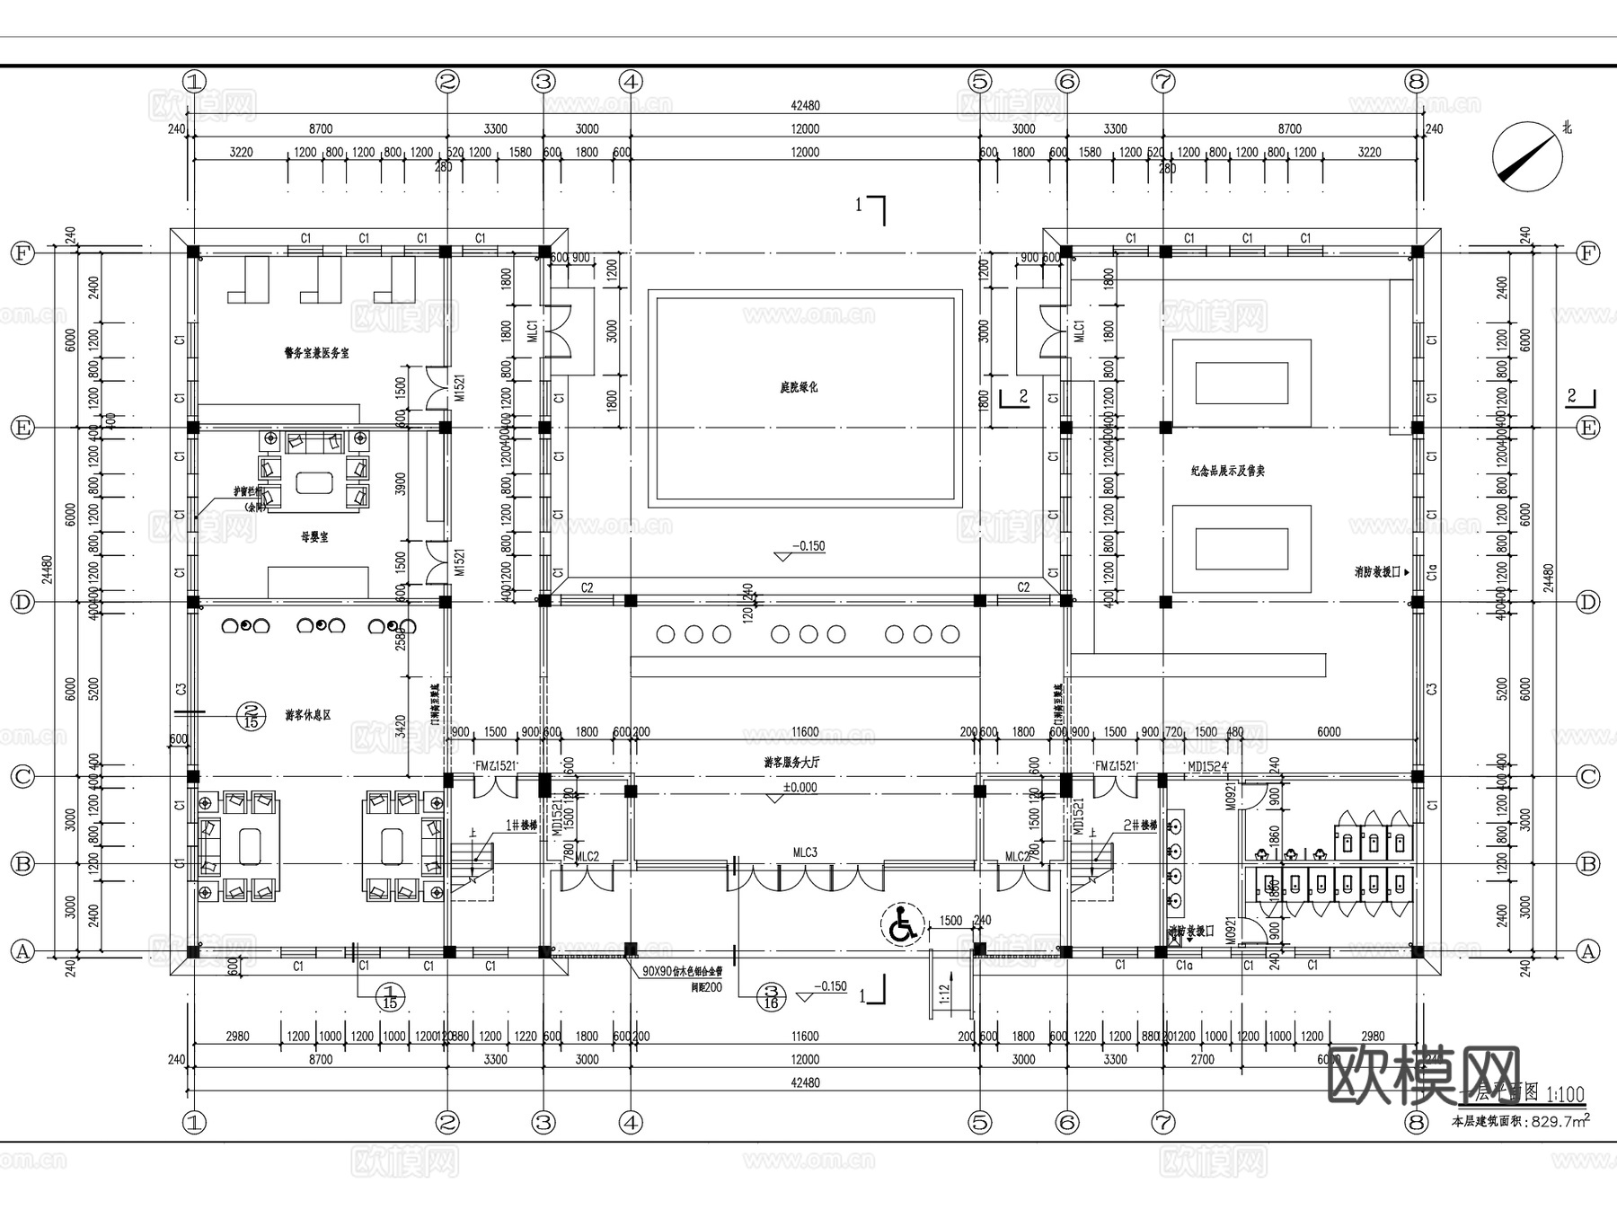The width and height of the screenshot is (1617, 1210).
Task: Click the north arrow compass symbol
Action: point(1527,156)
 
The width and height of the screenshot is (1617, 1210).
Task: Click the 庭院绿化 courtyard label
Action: point(798,388)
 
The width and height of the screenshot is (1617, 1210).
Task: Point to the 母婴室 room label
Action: point(314,537)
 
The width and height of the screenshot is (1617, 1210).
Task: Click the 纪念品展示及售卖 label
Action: point(1227,471)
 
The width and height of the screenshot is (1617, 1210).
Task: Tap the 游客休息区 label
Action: point(308,716)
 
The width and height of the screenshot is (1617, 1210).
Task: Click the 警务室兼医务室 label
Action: point(316,353)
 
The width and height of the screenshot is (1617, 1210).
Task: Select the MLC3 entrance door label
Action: point(805,852)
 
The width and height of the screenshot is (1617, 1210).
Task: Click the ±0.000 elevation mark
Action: point(800,787)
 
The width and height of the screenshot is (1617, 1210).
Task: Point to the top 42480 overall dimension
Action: point(805,105)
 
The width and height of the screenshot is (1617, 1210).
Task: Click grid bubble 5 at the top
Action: point(979,82)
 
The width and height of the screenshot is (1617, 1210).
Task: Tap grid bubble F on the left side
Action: point(22,253)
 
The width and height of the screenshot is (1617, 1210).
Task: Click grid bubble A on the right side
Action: point(1588,951)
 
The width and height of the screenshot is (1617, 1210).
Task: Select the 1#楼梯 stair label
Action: point(521,825)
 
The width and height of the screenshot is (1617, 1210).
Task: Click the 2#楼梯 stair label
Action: point(1141,825)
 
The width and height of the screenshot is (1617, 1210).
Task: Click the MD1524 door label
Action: point(1207,766)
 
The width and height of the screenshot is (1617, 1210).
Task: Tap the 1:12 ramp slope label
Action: point(944,993)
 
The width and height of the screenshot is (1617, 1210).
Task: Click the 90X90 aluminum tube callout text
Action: point(683,972)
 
